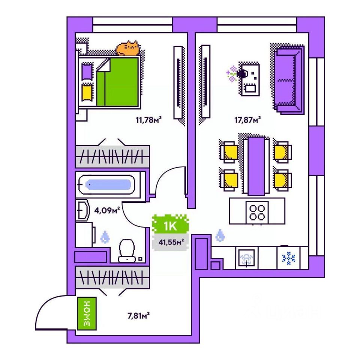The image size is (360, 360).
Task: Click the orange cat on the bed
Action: click(128, 49)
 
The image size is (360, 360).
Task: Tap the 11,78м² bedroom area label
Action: click(148, 120)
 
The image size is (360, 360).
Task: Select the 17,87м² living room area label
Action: click(247, 120)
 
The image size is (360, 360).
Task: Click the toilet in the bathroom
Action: click(127, 250)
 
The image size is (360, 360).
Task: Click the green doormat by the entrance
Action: click(87, 313)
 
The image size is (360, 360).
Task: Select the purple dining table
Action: click(256, 165)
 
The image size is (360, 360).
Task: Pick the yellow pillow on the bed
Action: click(87, 91)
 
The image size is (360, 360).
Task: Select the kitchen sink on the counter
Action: click(246, 258)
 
